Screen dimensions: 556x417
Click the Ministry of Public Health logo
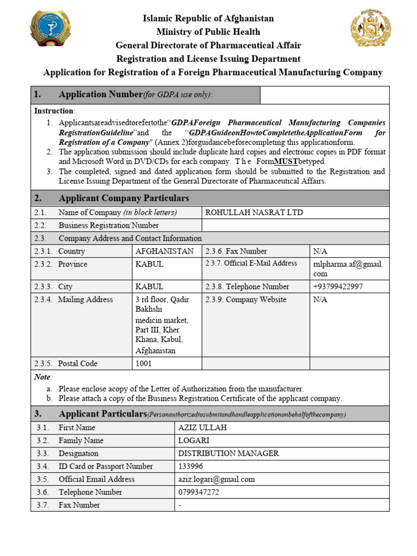pyautogui.click(x=50, y=31)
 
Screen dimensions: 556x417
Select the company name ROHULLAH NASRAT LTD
pyautogui.click(x=254, y=212)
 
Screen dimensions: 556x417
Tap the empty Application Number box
pyautogui.click(x=325, y=94)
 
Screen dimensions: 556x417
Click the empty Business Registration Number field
pyautogui.click(x=295, y=225)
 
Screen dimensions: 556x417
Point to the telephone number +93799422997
pyautogui.click(x=338, y=286)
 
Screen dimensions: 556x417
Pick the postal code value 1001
pyautogui.click(x=144, y=363)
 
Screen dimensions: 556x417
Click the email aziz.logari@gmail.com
pyautogui.click(x=217, y=479)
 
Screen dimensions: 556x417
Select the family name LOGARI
pyautogui.click(x=194, y=440)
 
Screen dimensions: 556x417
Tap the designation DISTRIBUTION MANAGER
pyautogui.click(x=229, y=453)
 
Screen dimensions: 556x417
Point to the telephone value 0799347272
pyautogui.click(x=198, y=492)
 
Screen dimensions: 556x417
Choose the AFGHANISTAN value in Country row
pyautogui.click(x=164, y=251)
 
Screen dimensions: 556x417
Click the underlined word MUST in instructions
pyautogui.click(x=287, y=162)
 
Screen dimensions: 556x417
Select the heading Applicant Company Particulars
pyautogui.click(x=124, y=198)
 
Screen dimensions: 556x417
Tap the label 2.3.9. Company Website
pyautogui.click(x=245, y=299)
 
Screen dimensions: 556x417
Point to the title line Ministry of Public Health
pyautogui.click(x=208, y=31)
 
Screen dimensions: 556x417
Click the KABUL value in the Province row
pyautogui.click(x=149, y=264)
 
